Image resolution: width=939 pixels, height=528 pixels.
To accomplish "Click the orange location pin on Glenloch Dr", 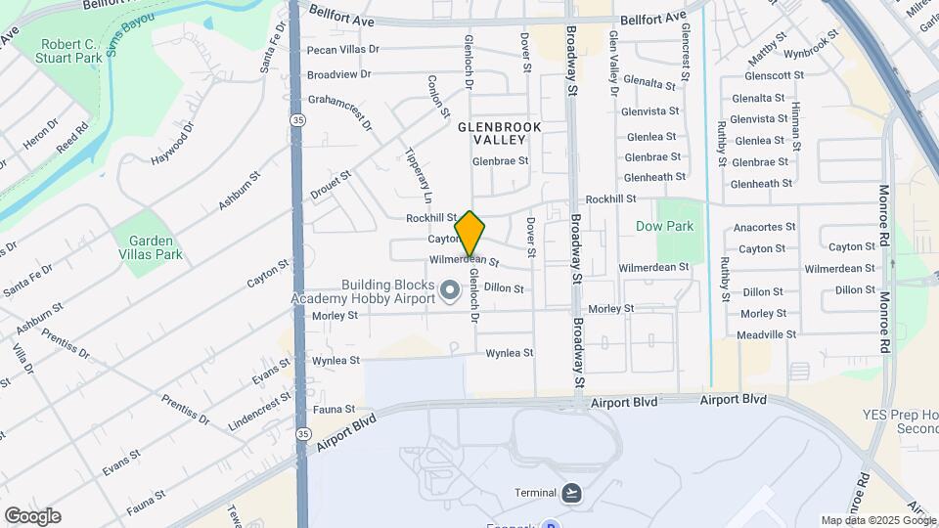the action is point(470,233).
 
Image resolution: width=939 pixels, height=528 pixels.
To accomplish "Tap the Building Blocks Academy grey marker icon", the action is point(450,290).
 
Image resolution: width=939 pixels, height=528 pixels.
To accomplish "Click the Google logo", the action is point(32,516).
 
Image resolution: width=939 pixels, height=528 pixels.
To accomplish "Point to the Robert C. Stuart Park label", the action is point(69,52).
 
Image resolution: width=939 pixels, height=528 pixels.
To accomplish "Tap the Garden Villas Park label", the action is point(148,247).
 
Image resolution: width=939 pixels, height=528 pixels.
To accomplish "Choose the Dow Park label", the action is point(664,226).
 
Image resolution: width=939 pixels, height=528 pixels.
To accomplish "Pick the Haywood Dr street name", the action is point(174,143).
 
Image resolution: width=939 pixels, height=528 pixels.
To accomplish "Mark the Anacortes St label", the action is point(761,227).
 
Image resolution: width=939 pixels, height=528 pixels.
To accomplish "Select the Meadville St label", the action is point(767,334).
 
